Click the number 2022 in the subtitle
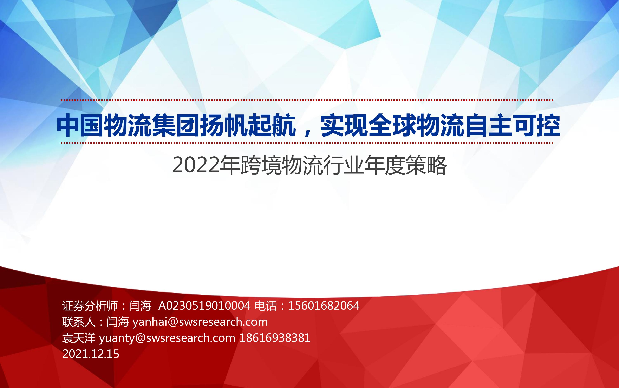pos(196,165)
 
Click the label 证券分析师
pos(90,306)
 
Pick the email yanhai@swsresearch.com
pos(200,322)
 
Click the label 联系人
pos(79,322)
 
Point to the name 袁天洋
pos(79,338)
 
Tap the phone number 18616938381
pos(275,338)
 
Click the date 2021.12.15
pos(91,354)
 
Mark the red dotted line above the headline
pos(307,100)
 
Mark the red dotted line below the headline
pos(307,143)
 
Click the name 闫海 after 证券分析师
pos(140,306)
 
